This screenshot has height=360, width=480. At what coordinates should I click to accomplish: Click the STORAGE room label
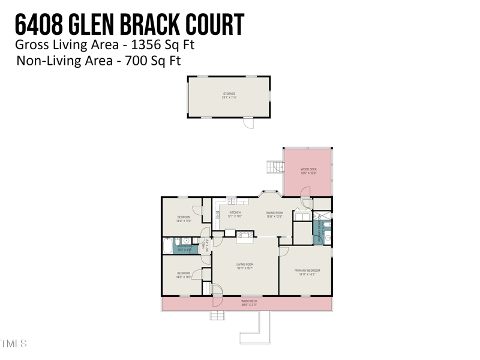[x=229, y=95]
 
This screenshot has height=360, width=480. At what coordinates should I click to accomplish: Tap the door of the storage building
[x=248, y=122]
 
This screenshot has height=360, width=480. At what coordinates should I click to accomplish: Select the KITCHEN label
[x=235, y=214]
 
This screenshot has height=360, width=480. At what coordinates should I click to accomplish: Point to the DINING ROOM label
[x=274, y=214]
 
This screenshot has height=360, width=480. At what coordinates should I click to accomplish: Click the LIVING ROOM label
[x=245, y=266]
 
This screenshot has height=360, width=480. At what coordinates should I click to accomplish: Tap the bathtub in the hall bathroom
[x=167, y=247]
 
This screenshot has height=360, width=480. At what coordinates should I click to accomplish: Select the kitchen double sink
[x=232, y=202]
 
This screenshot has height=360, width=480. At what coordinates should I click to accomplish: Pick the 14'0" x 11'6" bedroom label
[x=183, y=275]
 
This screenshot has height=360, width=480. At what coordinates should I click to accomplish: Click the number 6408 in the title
[x=37, y=25]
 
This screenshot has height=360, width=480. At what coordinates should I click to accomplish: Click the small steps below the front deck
[x=217, y=315]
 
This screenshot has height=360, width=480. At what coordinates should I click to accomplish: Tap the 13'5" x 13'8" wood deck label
[x=308, y=171]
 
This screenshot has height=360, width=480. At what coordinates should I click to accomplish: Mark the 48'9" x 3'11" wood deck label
[x=249, y=303]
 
